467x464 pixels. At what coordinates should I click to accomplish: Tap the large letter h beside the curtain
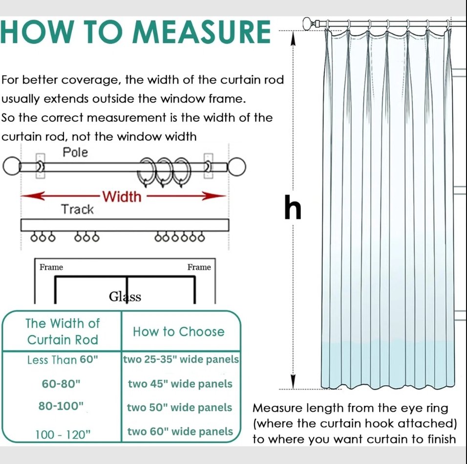[x=293, y=208]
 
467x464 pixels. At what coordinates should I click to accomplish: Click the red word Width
[x=122, y=197]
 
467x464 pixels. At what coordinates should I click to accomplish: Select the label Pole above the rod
[x=75, y=153]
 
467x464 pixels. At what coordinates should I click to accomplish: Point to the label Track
[x=77, y=210]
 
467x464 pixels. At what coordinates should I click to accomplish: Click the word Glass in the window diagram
[x=125, y=297]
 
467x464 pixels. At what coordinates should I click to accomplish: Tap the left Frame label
[x=51, y=267]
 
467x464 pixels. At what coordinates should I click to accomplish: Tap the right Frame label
[x=199, y=267]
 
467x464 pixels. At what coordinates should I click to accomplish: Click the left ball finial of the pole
[x=12, y=167]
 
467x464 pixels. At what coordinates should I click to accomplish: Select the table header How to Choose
[x=178, y=331]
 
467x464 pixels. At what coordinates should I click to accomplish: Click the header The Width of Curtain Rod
[x=62, y=331]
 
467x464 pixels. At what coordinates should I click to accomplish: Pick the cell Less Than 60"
[x=63, y=360]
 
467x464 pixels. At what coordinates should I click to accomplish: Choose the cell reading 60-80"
[x=61, y=384]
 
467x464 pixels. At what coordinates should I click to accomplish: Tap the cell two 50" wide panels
[x=179, y=408]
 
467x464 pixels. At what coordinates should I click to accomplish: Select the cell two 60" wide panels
[x=180, y=432]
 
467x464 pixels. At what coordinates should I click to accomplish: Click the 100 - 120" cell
[x=63, y=434]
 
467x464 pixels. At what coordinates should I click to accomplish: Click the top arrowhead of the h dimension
[x=294, y=39]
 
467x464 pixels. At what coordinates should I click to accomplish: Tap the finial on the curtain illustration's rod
[x=308, y=23]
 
